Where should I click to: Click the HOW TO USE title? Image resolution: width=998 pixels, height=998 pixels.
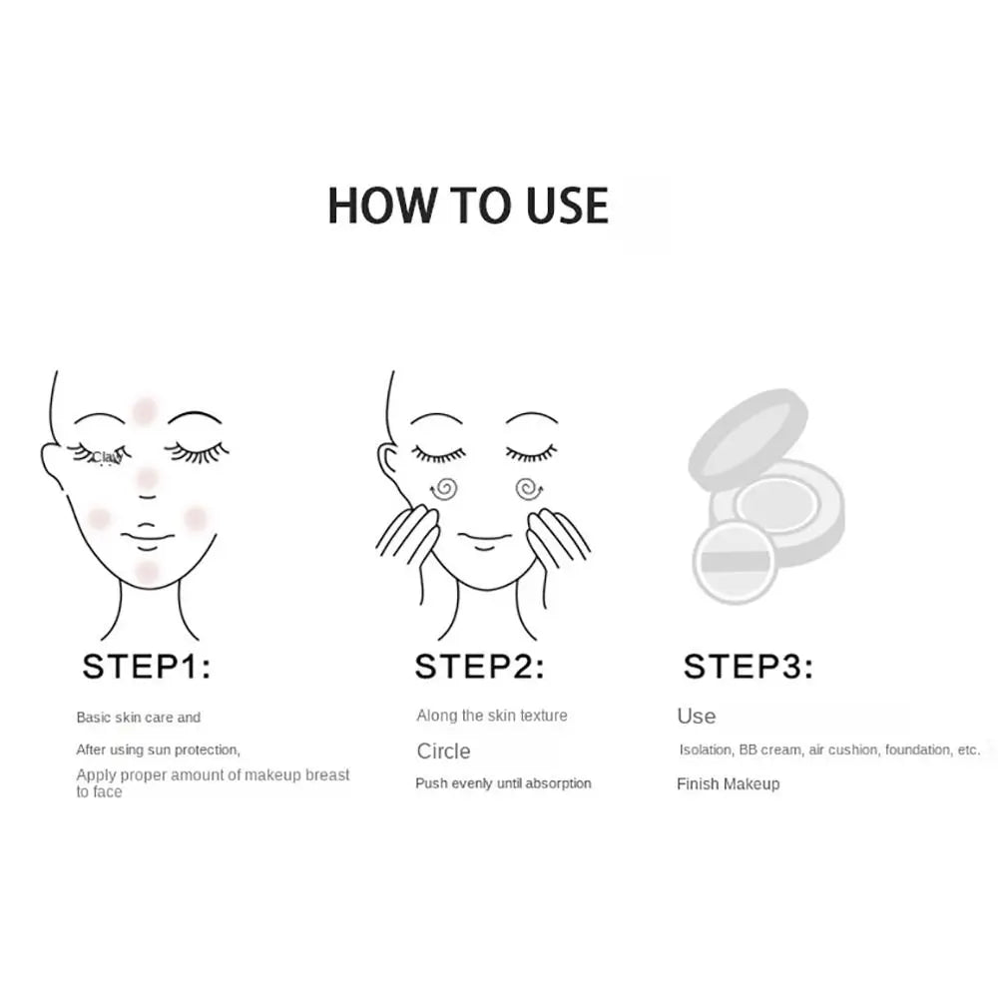pyautogui.click(x=468, y=205)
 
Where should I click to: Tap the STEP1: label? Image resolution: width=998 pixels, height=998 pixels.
pyautogui.click(x=147, y=667)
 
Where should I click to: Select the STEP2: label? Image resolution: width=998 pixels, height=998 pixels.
pyautogui.click(x=480, y=667)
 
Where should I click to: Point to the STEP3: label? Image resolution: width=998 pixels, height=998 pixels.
pyautogui.click(x=748, y=667)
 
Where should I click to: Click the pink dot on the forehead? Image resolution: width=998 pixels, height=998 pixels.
pyautogui.click(x=145, y=410)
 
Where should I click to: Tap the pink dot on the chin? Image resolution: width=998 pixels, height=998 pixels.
pyautogui.click(x=147, y=571)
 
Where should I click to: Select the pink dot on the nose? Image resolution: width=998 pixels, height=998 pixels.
pyautogui.click(x=147, y=479)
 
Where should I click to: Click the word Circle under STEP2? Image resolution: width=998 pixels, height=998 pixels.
pyautogui.click(x=443, y=751)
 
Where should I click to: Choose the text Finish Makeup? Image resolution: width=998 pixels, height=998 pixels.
pyautogui.click(x=728, y=784)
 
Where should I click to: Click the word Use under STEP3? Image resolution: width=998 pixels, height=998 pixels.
pyautogui.click(x=696, y=717)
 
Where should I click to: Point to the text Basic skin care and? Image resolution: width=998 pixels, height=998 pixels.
pyautogui.click(x=139, y=718)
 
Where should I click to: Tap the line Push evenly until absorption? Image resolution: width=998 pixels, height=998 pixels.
pyautogui.click(x=503, y=784)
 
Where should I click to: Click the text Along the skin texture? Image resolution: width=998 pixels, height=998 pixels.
pyautogui.click(x=492, y=716)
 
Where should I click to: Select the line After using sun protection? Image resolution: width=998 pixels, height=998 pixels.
pyautogui.click(x=158, y=749)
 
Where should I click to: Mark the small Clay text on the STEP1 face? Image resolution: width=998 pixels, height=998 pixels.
pyautogui.click(x=106, y=457)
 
